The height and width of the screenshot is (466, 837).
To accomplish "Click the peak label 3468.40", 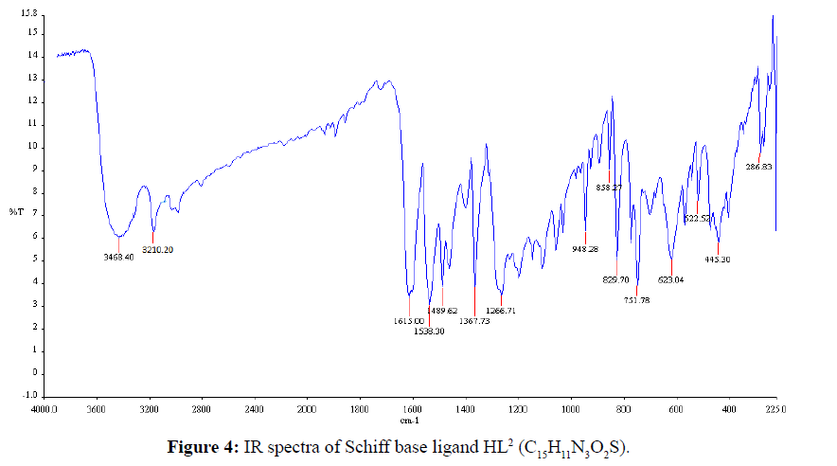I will [x=118, y=256].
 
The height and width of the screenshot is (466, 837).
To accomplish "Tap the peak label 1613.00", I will [x=410, y=321].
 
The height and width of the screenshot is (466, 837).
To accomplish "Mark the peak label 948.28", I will [x=585, y=249].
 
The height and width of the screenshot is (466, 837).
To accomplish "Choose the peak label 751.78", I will [x=636, y=300].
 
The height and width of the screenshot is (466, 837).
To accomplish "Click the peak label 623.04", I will [x=670, y=279].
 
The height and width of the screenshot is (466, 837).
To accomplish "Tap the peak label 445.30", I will [x=719, y=259].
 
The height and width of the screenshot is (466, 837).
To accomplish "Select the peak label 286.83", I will [x=759, y=167].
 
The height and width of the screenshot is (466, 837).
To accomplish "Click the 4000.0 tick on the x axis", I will [x=44, y=409].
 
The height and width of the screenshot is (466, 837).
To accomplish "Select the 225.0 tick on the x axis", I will [x=775, y=409].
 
